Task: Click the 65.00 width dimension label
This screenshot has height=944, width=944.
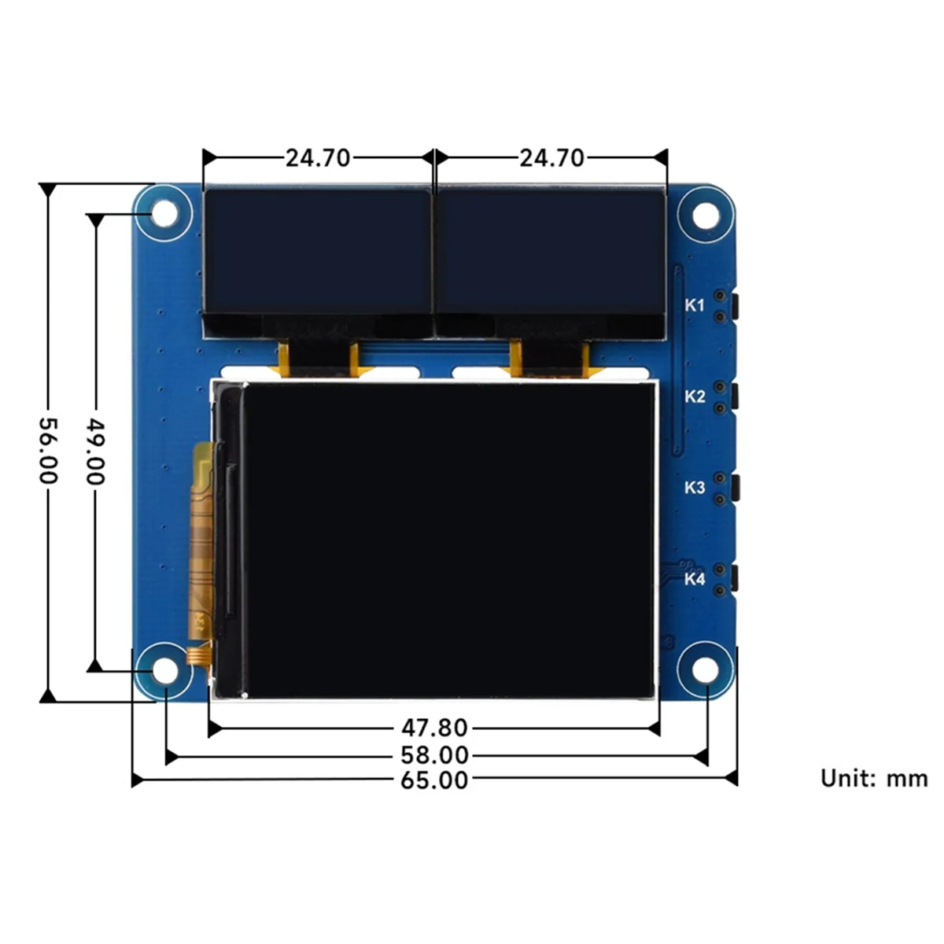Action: (x=433, y=780)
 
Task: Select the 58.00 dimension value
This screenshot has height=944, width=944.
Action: (x=433, y=755)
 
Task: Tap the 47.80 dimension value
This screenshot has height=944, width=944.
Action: (x=433, y=728)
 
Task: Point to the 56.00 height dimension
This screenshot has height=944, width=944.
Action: (x=48, y=451)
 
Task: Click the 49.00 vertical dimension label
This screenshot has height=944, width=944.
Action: (x=94, y=451)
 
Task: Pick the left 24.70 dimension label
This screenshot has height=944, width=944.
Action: (x=317, y=158)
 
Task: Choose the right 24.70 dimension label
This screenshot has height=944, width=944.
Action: (x=551, y=158)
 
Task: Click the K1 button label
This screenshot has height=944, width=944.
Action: (x=694, y=305)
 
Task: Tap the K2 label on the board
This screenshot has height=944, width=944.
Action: (x=694, y=396)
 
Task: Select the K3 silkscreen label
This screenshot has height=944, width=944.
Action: (x=694, y=488)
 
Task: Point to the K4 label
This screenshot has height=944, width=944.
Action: (x=694, y=579)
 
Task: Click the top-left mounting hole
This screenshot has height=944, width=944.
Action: (x=164, y=213)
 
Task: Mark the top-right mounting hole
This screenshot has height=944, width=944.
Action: (x=706, y=213)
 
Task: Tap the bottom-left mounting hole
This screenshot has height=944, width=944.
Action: (x=164, y=670)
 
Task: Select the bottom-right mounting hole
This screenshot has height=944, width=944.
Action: (x=706, y=670)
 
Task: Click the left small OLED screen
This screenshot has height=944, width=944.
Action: (x=317, y=252)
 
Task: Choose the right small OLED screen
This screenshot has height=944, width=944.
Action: (x=551, y=252)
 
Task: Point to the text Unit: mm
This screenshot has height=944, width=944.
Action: (x=873, y=778)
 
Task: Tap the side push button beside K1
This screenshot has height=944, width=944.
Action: (x=735, y=306)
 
